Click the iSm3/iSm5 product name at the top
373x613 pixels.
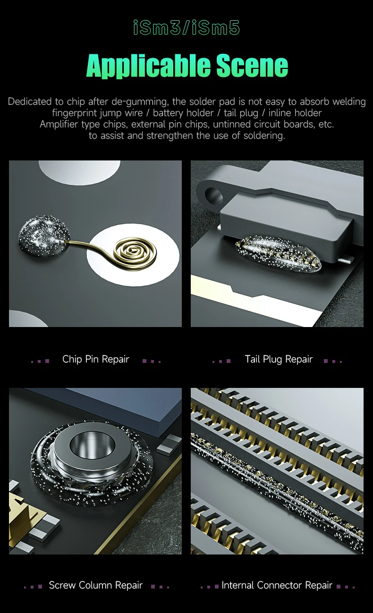[x=186, y=28]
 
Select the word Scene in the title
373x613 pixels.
[x=252, y=66]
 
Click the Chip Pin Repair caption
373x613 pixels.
[x=95, y=359]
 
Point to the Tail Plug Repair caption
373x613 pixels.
[x=279, y=359]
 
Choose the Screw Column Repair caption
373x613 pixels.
[x=95, y=585]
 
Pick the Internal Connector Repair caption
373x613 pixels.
[x=277, y=585]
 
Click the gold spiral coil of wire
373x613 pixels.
[x=136, y=252]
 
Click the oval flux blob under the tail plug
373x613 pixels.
[x=278, y=253]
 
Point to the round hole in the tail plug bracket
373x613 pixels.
[x=214, y=196]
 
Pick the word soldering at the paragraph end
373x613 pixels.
[x=264, y=136]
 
